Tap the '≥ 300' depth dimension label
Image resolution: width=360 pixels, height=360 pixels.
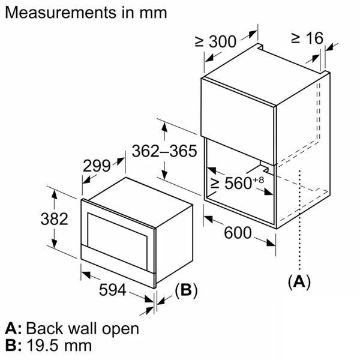[215, 42]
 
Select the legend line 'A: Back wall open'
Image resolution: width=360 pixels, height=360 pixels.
[72, 328]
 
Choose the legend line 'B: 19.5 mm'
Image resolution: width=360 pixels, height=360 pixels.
[49, 345]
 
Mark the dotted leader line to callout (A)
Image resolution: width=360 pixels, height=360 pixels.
[298, 228]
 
